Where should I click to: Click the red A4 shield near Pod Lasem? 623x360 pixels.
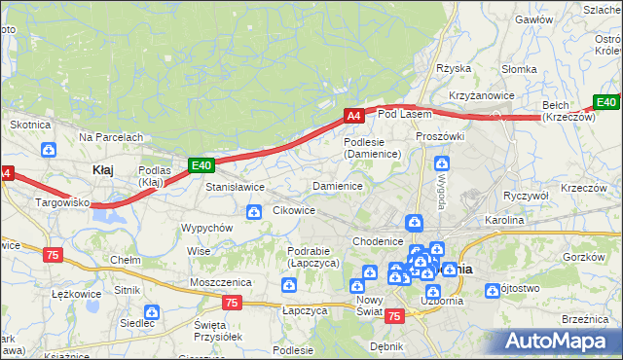point(354,116)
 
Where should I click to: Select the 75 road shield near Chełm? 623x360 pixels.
point(53,254)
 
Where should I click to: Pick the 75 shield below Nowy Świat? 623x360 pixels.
point(394,316)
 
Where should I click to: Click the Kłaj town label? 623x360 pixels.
point(102,169)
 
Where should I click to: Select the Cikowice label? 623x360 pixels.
point(294,209)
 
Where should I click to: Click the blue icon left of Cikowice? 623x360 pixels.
point(254,211)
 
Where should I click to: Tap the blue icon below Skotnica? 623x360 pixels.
point(50,149)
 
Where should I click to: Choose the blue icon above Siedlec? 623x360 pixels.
point(150,312)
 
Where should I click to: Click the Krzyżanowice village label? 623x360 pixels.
point(481,95)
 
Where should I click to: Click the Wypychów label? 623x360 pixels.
point(206,228)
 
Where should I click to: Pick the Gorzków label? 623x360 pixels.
point(585,256)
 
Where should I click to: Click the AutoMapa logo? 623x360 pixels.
point(559,341)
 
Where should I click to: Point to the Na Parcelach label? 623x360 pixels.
point(111,138)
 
